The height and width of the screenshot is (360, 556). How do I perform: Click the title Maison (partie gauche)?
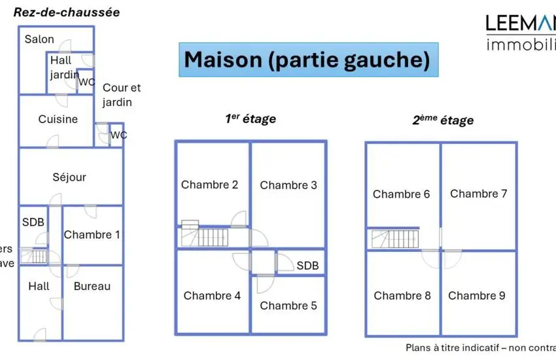307,60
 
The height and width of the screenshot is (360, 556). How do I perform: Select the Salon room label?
39,39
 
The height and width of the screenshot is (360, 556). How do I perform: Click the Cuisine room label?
58,119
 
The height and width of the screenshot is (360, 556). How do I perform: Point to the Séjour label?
69,177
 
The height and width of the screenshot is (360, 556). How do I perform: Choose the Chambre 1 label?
92,234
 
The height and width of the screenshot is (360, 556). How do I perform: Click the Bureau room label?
92,286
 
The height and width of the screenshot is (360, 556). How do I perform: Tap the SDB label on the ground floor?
33,223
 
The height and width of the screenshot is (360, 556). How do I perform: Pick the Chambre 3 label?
288,185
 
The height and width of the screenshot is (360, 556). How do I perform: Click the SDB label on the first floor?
307,266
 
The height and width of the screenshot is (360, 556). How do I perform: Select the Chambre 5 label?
288,306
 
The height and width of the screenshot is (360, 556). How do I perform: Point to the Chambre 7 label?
478,194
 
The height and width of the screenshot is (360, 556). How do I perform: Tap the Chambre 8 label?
402,296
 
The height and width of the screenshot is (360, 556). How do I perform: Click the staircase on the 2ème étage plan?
394,239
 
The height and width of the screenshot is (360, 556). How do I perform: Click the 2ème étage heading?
442,120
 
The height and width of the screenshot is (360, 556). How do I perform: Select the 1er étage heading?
251,118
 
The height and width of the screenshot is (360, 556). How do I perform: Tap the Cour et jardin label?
121,95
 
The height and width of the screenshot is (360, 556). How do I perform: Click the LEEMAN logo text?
521,24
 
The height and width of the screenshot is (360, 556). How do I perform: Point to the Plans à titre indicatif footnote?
480,348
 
